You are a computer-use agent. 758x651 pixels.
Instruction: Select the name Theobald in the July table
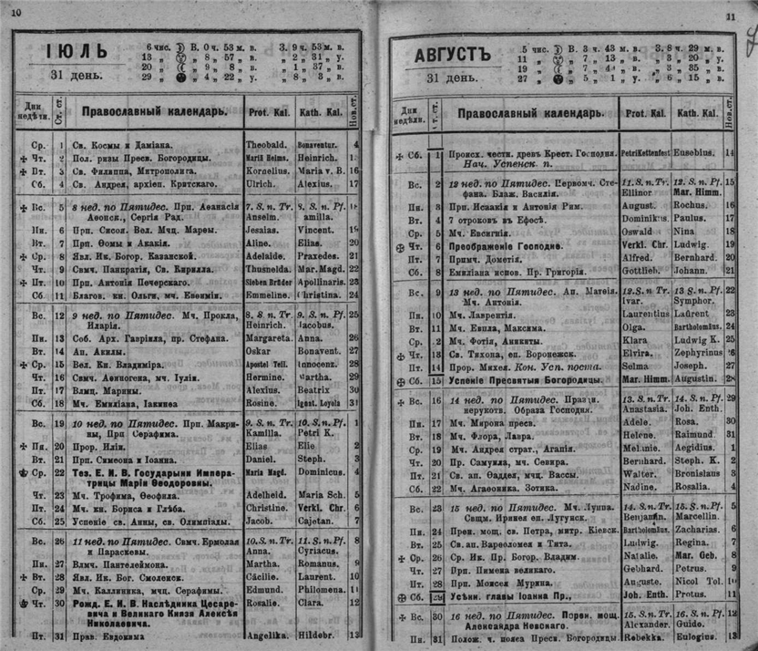(x=265, y=144)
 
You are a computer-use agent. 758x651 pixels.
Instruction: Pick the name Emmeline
(x=268, y=295)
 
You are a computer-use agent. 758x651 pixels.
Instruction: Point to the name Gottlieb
(x=640, y=271)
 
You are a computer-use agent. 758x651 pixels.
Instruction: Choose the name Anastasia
(x=641, y=409)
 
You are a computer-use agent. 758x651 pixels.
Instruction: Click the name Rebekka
(x=640, y=637)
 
